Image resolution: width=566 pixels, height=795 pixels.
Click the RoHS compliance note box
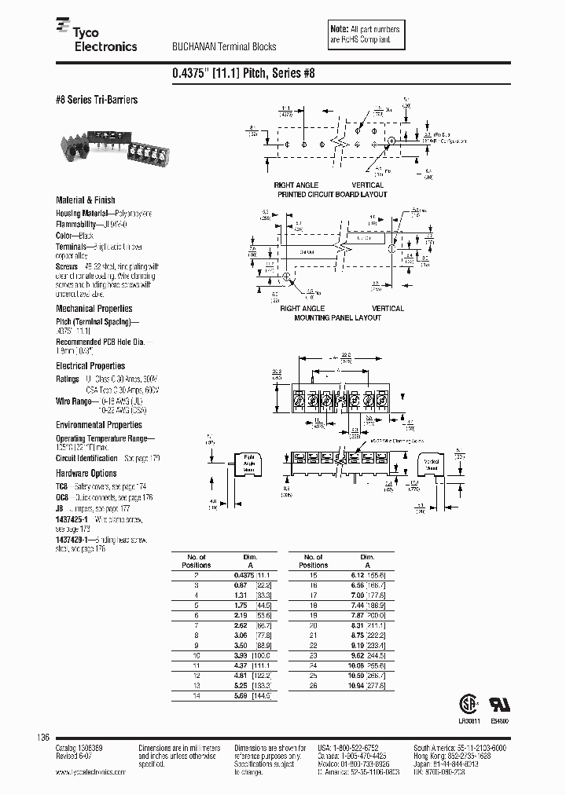[x=366, y=34]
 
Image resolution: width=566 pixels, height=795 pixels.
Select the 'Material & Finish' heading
[x=85, y=200]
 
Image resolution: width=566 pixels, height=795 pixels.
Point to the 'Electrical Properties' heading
[x=90, y=366]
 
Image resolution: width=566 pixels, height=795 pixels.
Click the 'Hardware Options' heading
[x=86, y=474]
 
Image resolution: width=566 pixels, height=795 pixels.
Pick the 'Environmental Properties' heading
[x=98, y=425]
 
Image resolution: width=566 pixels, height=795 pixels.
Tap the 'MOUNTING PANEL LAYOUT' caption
[x=337, y=317]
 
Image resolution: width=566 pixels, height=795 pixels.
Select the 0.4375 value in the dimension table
[x=245, y=575]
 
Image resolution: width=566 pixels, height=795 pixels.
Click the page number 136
[x=42, y=738]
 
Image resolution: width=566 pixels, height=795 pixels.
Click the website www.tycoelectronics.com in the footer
[x=90, y=772]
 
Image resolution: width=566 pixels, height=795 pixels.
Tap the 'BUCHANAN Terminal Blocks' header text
[x=224, y=47]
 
